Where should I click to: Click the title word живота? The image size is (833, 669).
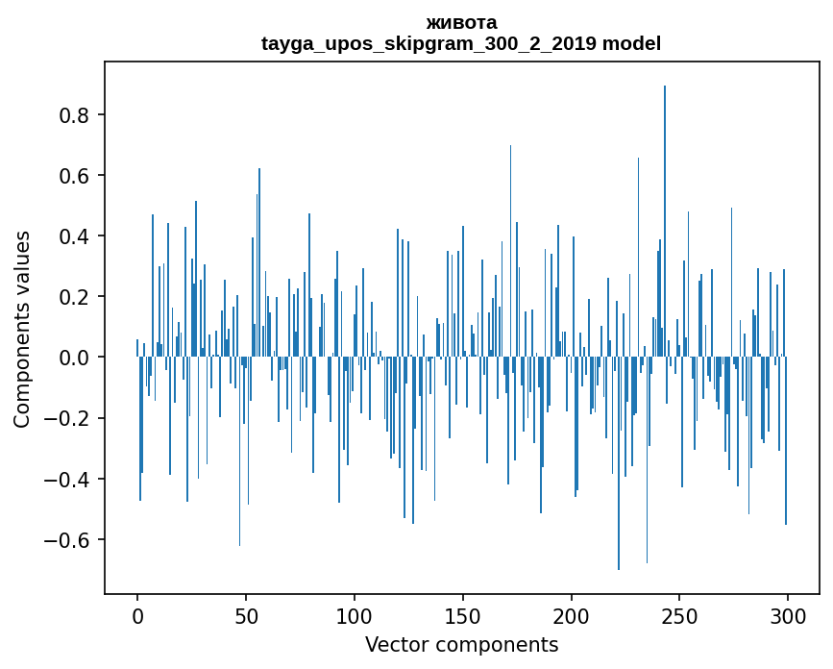click(461, 22)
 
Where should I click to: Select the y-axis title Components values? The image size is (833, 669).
click(22, 329)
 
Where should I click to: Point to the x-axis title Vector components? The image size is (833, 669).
click(461, 644)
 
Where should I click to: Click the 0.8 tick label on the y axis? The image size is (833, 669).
click(75, 115)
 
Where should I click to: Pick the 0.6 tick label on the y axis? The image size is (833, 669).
click(75, 176)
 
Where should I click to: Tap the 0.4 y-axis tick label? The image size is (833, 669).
click(75, 236)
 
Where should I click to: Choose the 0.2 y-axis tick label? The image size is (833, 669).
click(75, 297)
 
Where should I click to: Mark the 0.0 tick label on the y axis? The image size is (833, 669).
click(75, 358)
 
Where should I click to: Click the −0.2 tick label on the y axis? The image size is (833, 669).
click(69, 418)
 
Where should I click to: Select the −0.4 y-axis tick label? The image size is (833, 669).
click(69, 479)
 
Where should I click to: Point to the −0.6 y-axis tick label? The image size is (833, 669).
click(69, 539)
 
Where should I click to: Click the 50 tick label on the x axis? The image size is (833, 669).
click(246, 616)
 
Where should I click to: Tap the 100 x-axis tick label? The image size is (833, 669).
click(355, 616)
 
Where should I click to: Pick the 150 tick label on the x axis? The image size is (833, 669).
click(463, 616)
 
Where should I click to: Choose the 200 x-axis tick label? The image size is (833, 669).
click(572, 616)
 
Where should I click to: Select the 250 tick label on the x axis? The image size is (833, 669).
click(679, 616)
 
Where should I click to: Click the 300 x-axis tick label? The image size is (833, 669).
click(788, 616)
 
